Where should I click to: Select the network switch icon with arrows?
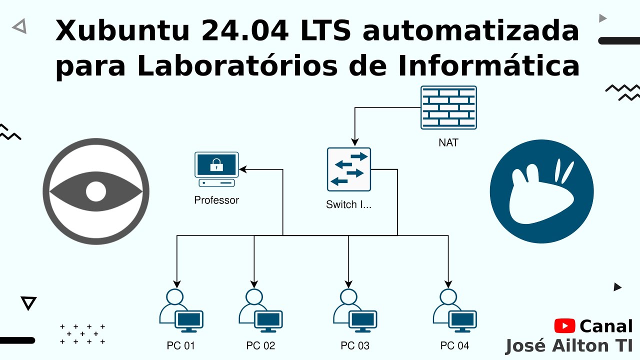349,169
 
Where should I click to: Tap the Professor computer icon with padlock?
216,169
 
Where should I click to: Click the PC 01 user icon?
180,310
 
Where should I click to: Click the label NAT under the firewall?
448,143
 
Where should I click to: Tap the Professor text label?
216,200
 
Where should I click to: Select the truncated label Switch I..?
348,204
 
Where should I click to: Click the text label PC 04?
454,345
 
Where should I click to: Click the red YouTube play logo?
565,326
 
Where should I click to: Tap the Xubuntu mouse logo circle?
541,191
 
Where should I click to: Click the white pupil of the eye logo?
96,191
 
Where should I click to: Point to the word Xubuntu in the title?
123,31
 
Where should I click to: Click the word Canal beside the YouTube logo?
606,326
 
